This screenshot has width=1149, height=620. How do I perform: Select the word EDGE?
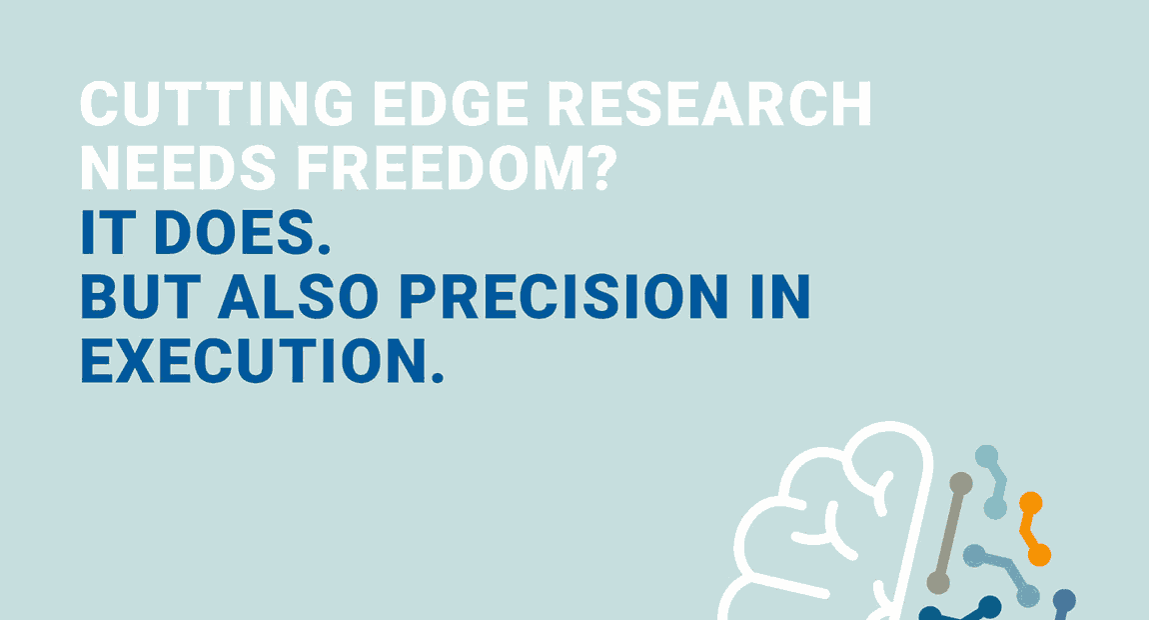click(x=451, y=103)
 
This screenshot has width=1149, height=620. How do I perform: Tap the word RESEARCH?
click(x=710, y=103)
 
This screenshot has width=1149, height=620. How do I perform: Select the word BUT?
click(x=140, y=297)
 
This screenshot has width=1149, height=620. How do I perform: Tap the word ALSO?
click(x=298, y=297)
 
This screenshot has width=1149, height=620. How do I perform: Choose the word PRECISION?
click(x=564, y=297)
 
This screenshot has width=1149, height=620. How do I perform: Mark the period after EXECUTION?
click(x=438, y=377)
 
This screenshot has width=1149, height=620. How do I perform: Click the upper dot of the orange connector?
click(x=1031, y=503)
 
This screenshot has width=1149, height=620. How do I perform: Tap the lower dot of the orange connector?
click(x=1039, y=555)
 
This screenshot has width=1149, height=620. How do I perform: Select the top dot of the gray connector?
click(x=961, y=484)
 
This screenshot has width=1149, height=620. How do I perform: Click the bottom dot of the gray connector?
click(x=938, y=583)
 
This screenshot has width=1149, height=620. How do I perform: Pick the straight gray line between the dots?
click(x=950, y=533)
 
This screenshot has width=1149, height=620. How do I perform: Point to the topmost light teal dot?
click(x=986, y=456)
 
